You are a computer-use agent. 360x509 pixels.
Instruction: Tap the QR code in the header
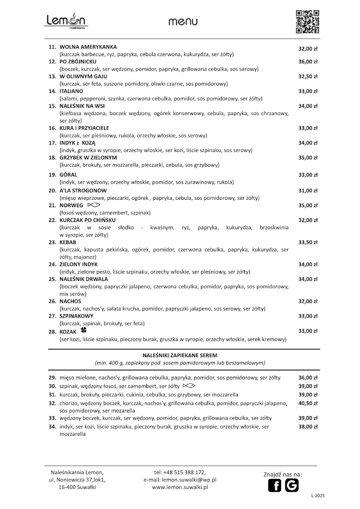[x=307, y=21]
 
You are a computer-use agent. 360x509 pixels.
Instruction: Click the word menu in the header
[x=183, y=22]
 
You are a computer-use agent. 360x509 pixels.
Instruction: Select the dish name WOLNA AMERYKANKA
[x=88, y=47]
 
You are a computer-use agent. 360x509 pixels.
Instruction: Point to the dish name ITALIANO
[x=71, y=91]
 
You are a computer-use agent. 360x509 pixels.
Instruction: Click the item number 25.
[x=53, y=279]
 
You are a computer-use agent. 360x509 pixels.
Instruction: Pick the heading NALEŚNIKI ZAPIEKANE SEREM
[x=180, y=355]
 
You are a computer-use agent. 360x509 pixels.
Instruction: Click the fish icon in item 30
[x=189, y=386]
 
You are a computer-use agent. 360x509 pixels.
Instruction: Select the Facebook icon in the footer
[x=275, y=485]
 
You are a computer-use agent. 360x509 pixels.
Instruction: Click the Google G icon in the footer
[x=292, y=485]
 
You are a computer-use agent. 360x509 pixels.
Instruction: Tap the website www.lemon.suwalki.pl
[x=180, y=488]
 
